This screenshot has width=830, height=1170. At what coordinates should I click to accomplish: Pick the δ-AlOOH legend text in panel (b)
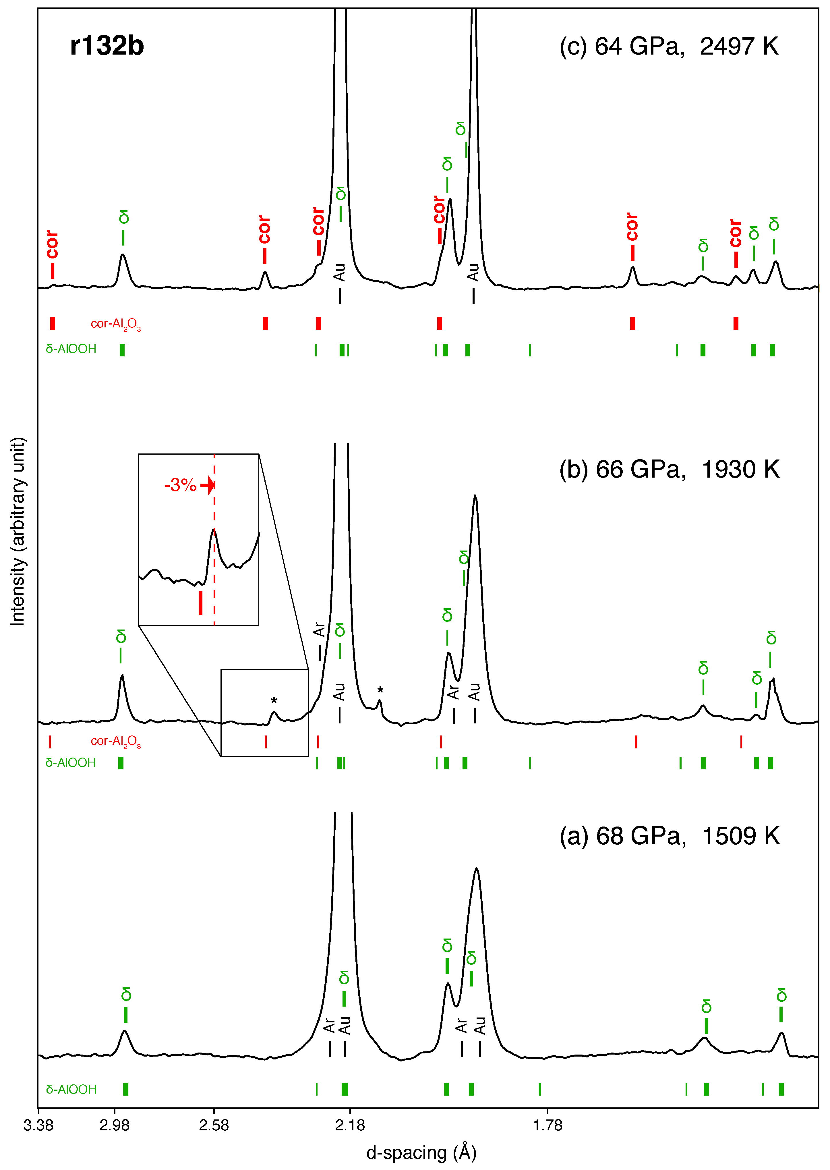[71, 762]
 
